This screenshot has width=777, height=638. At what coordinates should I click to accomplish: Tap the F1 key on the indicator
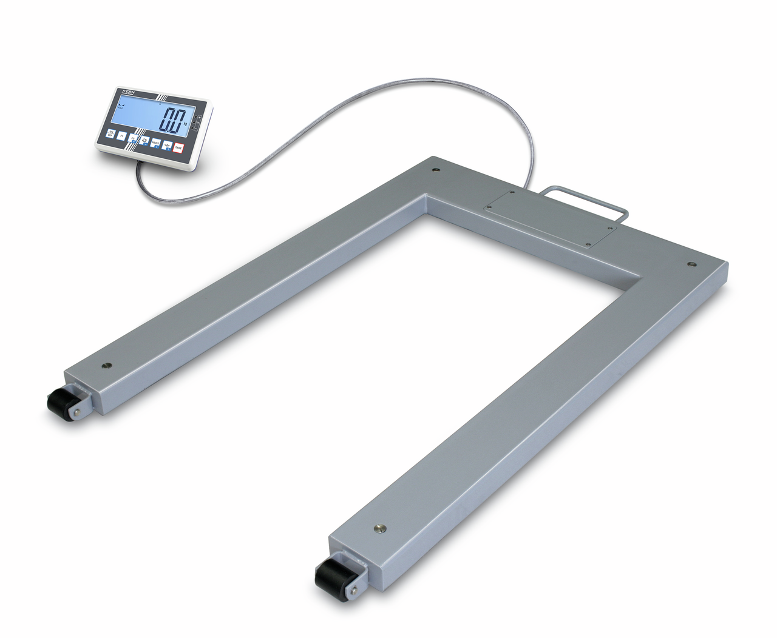[121, 137]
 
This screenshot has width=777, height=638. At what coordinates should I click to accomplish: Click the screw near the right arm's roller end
[381, 527]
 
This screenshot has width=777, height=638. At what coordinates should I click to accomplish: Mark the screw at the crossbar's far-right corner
[690, 264]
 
